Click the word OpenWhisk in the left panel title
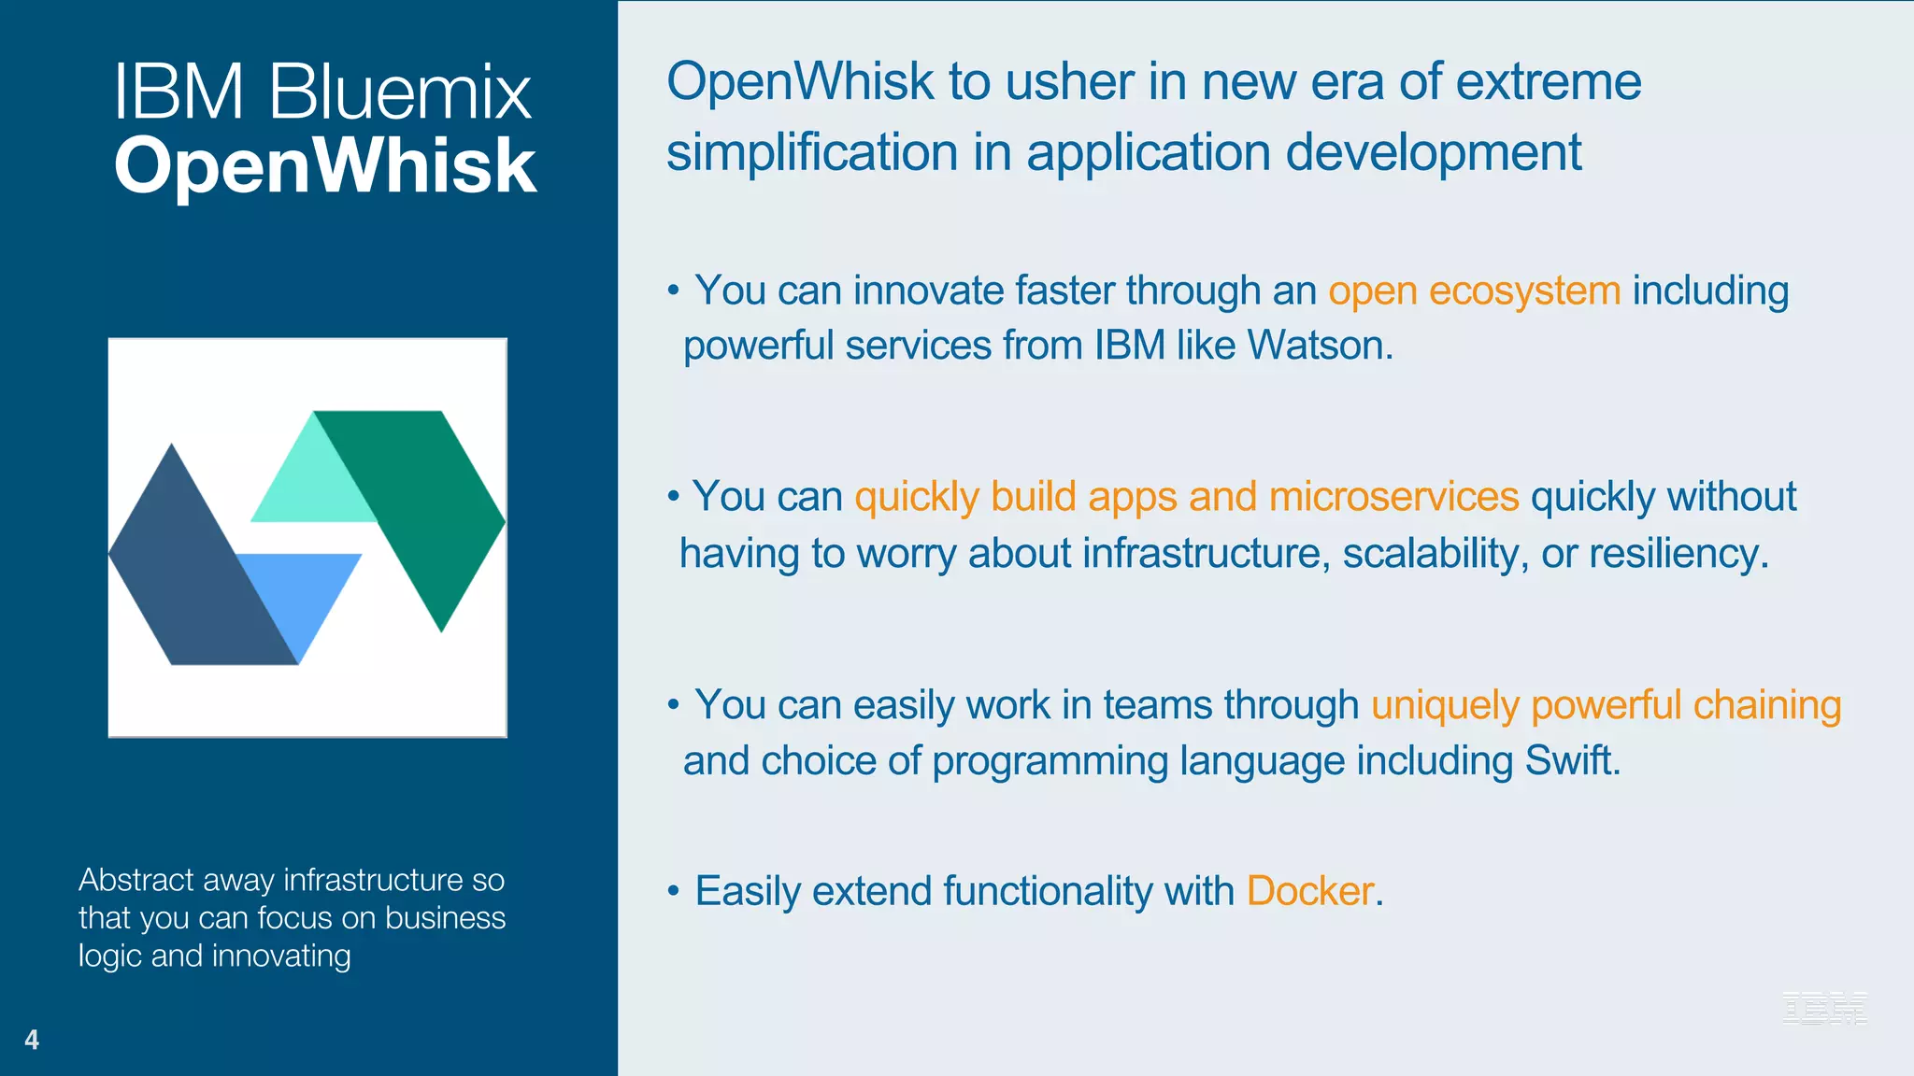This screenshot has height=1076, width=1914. (x=324, y=165)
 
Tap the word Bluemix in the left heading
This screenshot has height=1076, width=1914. (x=400, y=92)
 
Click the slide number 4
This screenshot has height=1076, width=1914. (x=32, y=1040)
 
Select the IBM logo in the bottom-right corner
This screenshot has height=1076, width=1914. (x=1824, y=1008)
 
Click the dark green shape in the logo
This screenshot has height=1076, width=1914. (x=430, y=495)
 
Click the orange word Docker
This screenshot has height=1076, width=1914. (x=1309, y=891)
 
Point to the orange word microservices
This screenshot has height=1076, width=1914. (x=1393, y=497)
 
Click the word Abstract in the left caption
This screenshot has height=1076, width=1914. (x=136, y=880)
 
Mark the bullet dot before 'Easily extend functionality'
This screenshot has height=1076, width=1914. (x=673, y=892)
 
